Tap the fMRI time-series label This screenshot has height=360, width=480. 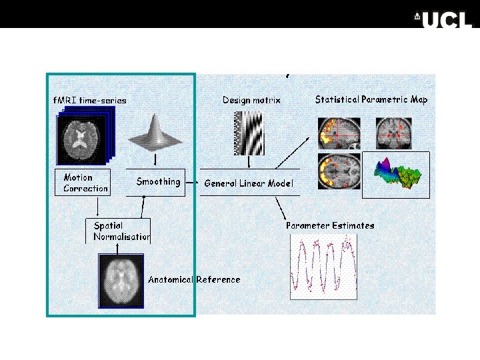[89, 100]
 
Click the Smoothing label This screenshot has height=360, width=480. [158, 181]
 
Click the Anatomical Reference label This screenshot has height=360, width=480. [194, 279]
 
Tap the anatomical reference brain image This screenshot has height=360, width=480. [121, 280]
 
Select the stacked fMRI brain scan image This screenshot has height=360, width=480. [84, 136]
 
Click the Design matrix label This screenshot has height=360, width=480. [251, 100]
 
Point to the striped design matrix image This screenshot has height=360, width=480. [249, 133]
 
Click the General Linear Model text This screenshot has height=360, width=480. [248, 183]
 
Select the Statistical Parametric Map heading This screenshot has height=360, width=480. [371, 99]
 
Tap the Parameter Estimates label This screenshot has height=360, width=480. [330, 225]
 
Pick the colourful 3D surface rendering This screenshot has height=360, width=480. [396, 175]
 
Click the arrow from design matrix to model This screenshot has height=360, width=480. [249, 162]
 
